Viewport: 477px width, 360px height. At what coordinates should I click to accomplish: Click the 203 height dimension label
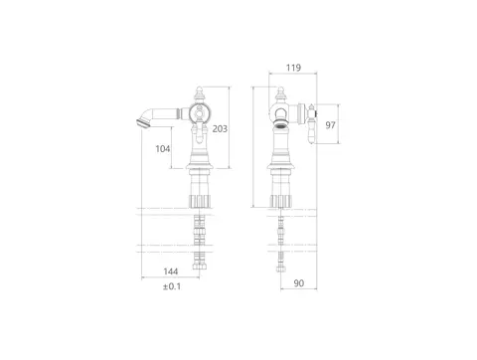220,128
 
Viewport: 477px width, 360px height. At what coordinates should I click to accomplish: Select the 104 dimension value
163,148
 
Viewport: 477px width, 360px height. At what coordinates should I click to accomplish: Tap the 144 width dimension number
171,271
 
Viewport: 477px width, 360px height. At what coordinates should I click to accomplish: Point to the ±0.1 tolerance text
172,286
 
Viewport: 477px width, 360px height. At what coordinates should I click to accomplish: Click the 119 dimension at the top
293,68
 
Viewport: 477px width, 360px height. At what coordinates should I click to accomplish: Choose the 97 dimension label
330,125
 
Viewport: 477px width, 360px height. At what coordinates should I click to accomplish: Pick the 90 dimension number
299,283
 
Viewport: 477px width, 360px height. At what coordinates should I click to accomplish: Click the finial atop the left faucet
199,94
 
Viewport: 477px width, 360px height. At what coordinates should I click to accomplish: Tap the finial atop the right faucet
280,94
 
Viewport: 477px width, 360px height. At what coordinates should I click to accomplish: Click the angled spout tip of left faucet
142,122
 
